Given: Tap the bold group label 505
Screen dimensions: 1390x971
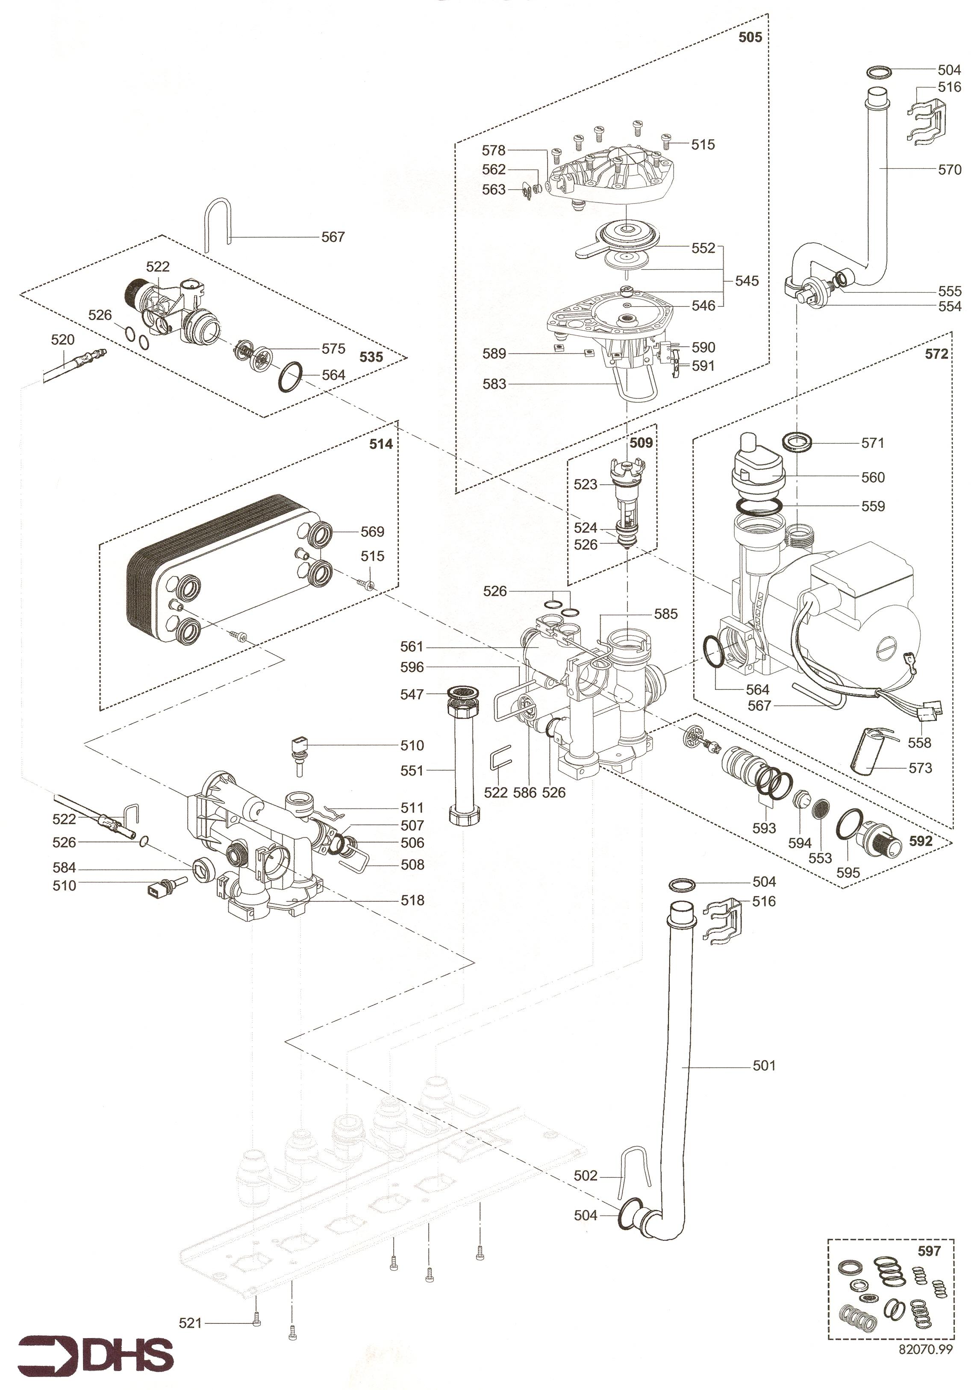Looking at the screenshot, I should [750, 38].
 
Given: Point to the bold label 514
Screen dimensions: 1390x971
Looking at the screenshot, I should [381, 444].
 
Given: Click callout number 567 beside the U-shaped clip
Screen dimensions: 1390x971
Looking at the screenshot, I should [332, 237].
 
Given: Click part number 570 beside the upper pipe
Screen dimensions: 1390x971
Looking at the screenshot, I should [949, 170].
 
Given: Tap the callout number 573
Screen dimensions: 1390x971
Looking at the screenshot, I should [920, 768].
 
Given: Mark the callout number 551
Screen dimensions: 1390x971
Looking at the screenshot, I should [412, 771].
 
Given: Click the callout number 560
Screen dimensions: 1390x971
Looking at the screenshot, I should [872, 478].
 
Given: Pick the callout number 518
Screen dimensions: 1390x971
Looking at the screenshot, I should [412, 900].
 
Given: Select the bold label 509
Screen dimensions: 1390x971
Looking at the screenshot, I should [641, 443].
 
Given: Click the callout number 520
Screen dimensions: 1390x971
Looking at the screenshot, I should [62, 340].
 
